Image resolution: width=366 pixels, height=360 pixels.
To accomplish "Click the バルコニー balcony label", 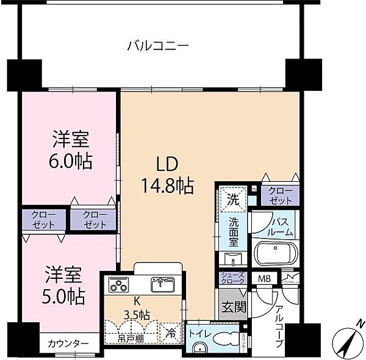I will coord(159,45).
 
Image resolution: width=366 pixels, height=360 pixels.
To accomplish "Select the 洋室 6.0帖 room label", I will coord(70,152).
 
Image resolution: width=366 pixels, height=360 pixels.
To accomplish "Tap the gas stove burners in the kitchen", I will coord(118,285).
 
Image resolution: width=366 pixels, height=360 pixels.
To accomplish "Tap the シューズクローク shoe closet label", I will coord(232,278).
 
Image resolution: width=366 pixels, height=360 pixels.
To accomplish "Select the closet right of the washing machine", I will coord(281,195).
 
